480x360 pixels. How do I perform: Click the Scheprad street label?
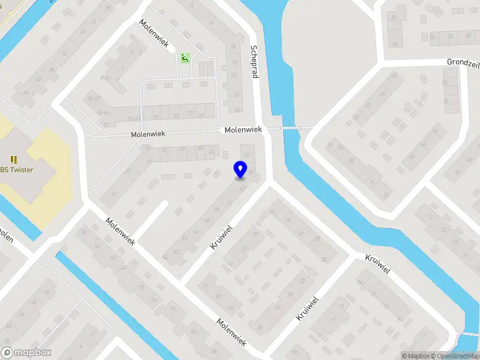254,61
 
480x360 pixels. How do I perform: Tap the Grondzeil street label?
463,62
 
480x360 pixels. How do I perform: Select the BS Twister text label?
17,169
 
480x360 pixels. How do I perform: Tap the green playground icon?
185,58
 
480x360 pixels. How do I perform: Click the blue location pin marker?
240,169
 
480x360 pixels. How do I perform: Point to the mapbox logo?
26,353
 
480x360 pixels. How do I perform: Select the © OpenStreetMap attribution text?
458,356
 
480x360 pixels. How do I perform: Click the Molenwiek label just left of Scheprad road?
244,130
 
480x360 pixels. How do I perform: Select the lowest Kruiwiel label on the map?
307,308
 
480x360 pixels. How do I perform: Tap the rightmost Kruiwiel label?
378,264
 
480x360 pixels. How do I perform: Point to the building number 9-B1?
106,78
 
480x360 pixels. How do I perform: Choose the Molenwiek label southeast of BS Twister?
120,231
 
